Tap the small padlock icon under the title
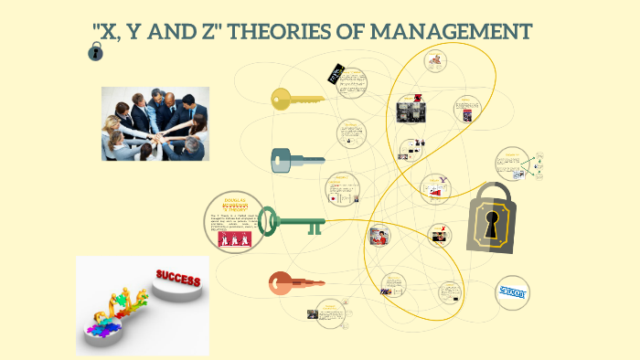click(x=95, y=54)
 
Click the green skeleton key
click(x=291, y=222)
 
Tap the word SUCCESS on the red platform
click(x=178, y=278)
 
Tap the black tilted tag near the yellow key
click(x=336, y=74)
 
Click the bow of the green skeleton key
click(x=269, y=220)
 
